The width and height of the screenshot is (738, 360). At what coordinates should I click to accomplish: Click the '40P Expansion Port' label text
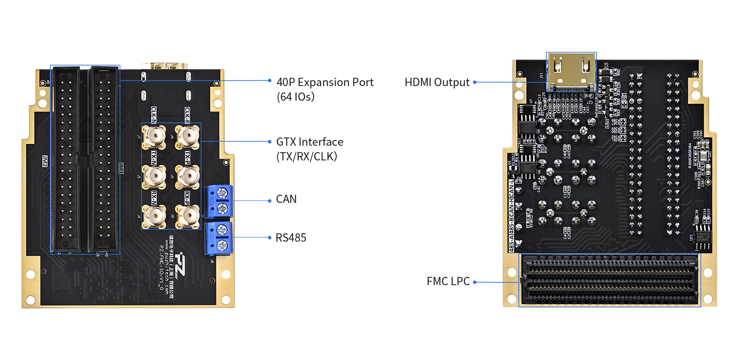pos(325,82)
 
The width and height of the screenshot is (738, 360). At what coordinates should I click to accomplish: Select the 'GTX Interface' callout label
pos(310,142)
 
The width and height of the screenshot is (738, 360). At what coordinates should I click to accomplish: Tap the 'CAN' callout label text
pos(286,200)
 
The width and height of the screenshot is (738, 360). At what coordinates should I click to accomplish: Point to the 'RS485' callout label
pos(291,238)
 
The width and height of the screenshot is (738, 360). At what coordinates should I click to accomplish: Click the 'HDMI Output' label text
pos(437,82)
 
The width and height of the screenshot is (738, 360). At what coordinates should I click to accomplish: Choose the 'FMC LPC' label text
pos(448,282)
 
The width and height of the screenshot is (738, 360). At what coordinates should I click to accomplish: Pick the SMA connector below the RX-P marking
pos(187,216)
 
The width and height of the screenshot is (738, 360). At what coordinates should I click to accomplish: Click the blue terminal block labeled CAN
pos(218,201)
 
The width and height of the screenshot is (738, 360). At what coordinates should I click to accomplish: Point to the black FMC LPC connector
pos(610,281)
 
